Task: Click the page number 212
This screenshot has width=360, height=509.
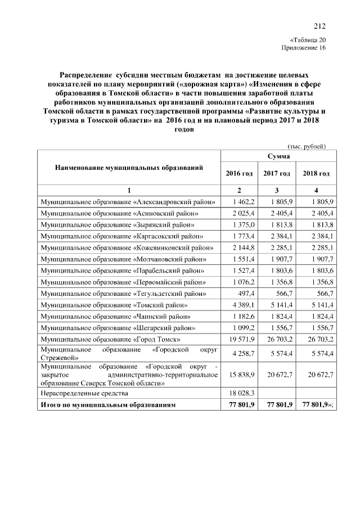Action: coord(319,25)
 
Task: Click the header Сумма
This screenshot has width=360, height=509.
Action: coord(278,155)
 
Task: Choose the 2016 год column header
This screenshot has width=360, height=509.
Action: coord(239,173)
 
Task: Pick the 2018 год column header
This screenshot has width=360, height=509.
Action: coord(316,173)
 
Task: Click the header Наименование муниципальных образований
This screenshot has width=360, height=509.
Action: coord(128,168)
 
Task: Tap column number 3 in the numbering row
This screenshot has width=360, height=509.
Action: coord(277,190)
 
